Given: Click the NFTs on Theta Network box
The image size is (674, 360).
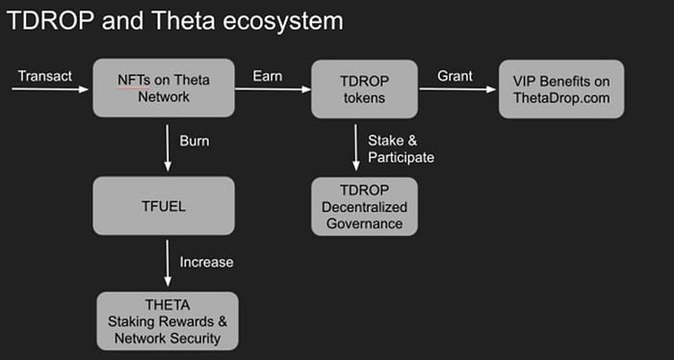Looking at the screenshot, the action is click(164, 88).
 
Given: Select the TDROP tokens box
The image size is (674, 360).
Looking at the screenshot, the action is click(365, 89).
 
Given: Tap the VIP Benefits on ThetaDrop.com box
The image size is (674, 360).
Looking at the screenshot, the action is click(561, 89).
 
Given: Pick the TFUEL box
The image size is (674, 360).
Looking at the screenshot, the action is click(164, 206).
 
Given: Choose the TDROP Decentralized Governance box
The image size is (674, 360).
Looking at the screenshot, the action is click(365, 207).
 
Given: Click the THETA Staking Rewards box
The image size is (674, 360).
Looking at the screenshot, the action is click(168, 321).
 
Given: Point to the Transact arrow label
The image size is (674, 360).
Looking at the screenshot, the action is click(45, 76).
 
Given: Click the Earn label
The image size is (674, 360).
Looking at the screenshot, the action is click(268, 76).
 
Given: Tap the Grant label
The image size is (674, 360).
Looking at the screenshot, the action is click(454, 76).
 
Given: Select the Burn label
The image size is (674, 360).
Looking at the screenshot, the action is click(194, 141).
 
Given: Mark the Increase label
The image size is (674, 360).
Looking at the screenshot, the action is click(206, 262).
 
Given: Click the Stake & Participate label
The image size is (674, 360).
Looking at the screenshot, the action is click(402, 149).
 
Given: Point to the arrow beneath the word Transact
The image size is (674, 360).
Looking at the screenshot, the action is click(50, 90).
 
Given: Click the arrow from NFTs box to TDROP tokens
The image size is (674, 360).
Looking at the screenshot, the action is click(272, 90).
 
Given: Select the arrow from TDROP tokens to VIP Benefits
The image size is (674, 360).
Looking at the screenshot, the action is click(457, 90).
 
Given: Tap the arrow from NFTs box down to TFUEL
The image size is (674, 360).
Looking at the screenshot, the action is click(168, 148).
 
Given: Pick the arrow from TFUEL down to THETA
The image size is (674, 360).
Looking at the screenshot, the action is click(168, 263).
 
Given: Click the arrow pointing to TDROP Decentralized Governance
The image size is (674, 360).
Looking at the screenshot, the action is click(356, 147).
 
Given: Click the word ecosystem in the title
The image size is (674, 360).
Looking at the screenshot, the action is click(282, 21).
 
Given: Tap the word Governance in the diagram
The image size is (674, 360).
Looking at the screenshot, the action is click(365, 223).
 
